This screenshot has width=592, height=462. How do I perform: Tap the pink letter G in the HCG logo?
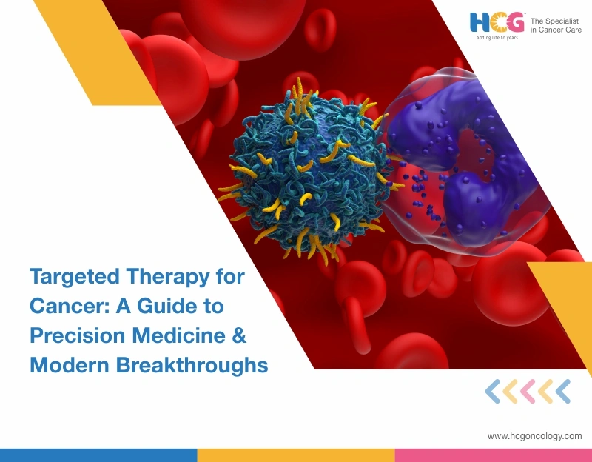pyautogui.click(x=515, y=22)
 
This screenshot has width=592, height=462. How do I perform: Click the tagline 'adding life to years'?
pyautogui.click(x=497, y=37)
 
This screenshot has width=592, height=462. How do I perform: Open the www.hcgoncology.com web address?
pyautogui.click(x=534, y=436)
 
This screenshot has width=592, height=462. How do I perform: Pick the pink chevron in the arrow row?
pyautogui.click(x=528, y=391)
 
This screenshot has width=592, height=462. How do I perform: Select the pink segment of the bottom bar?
pyautogui.click(x=493, y=455)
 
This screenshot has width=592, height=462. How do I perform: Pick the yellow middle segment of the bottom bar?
pyautogui.click(x=295, y=455)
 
